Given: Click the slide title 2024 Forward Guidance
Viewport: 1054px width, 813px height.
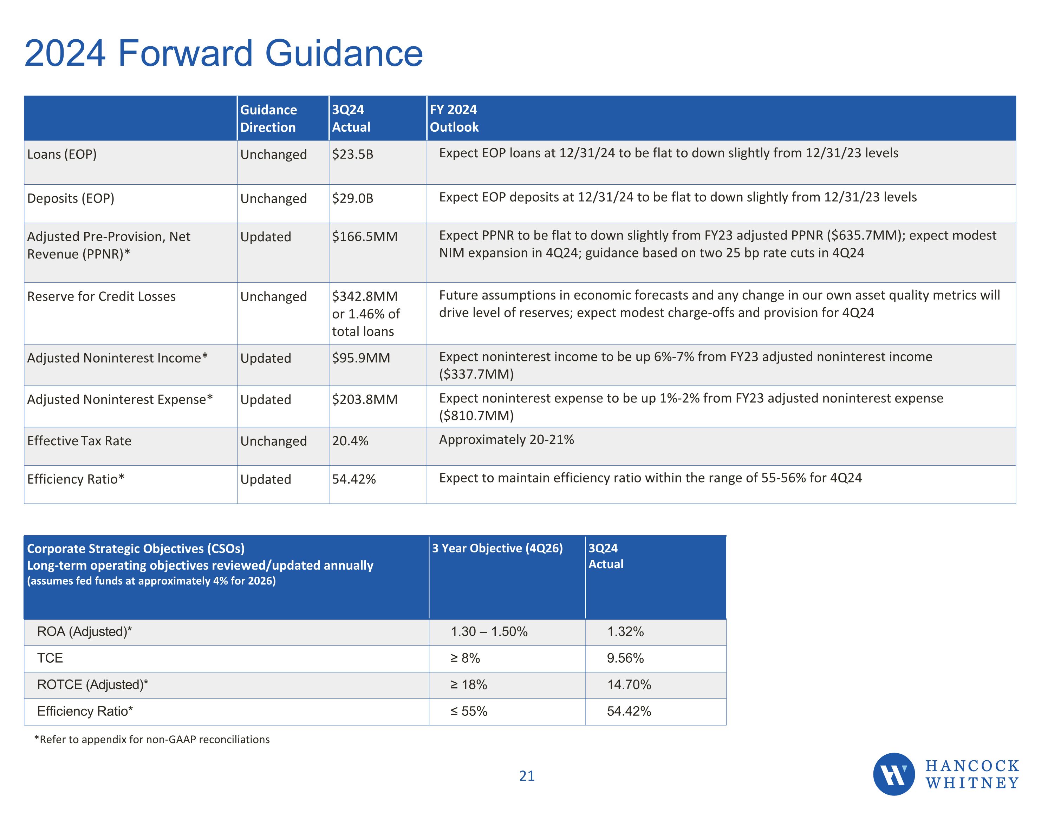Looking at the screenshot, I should [x=223, y=53].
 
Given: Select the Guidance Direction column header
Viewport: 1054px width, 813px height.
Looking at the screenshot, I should [x=268, y=118].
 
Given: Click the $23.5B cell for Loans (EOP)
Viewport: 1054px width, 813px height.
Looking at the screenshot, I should [x=352, y=155].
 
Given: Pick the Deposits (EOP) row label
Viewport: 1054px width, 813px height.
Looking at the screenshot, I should [x=71, y=198].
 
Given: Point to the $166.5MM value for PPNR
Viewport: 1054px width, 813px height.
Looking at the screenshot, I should [x=364, y=236].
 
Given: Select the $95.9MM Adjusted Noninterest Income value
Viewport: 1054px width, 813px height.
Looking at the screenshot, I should [x=360, y=358].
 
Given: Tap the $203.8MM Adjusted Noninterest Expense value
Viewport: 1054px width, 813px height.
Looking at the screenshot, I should [x=364, y=400].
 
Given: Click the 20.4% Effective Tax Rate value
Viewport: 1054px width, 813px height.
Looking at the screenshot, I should [x=350, y=441].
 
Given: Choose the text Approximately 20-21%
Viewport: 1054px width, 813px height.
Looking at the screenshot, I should [x=506, y=440].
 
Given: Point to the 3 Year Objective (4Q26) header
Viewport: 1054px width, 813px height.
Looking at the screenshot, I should [x=497, y=548].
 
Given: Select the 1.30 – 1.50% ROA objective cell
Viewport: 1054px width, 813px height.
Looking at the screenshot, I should [x=489, y=631].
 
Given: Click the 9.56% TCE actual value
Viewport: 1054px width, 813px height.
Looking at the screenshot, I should [x=625, y=658].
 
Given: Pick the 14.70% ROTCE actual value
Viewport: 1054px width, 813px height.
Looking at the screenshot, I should [x=629, y=685].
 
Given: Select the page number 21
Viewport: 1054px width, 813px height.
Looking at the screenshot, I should [x=527, y=776].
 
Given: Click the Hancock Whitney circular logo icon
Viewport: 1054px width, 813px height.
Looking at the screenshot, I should [x=893, y=774].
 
